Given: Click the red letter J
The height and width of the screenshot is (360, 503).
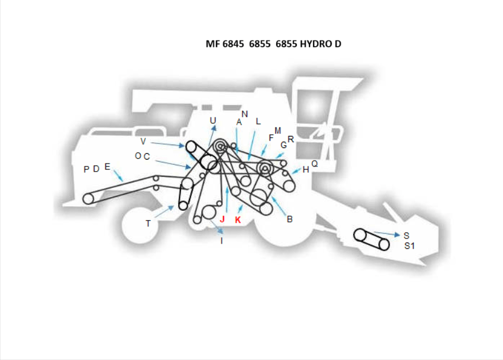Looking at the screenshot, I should tap(222, 219).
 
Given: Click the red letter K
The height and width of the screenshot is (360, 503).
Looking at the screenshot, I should tap(237, 219).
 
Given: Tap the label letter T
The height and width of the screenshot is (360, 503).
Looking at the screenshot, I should tap(148, 223).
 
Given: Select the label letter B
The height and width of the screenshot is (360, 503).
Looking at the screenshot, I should tap(290, 219).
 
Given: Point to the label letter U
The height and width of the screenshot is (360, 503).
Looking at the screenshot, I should tap(213, 120).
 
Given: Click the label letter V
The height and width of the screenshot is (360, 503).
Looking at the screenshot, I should tap(143, 141).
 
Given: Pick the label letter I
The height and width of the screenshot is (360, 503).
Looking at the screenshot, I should tap(222, 241).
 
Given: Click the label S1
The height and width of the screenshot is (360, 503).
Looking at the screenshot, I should tap(409, 245).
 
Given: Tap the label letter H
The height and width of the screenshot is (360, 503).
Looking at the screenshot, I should tap(306, 169).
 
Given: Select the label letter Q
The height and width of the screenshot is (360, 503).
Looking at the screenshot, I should tap(315, 164).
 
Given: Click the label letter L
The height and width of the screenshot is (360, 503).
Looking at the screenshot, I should tap(258, 122).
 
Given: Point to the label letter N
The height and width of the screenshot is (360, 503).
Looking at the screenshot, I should tap(245, 114).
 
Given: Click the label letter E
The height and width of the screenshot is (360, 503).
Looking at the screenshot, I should tap(107, 167).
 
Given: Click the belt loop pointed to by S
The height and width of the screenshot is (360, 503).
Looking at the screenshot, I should tap(371, 238).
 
